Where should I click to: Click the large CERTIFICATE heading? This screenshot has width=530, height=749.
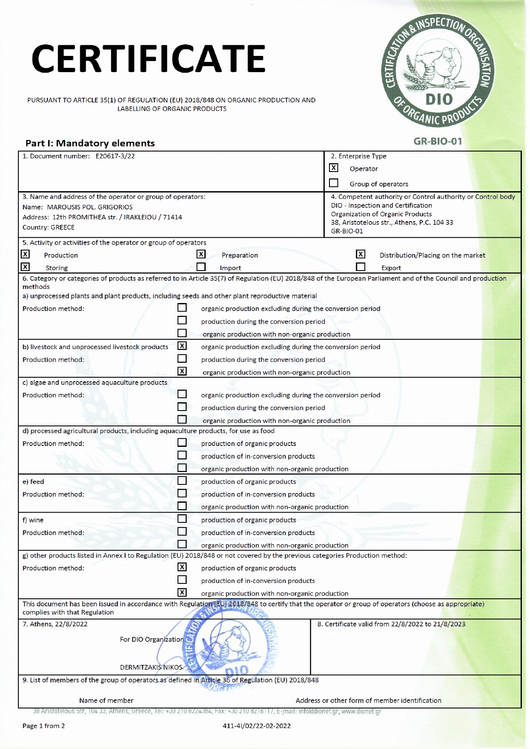click(149, 58)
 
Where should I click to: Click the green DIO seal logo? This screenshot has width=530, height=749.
click(438, 72)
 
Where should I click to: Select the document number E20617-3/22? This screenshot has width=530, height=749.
click(115, 156)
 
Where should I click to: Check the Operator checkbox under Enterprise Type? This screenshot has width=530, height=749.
click(334, 168)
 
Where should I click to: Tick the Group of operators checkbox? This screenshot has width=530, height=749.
click(334, 183)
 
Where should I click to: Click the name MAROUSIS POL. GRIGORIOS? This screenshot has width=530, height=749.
click(90, 207)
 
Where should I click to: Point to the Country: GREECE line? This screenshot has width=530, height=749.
click(48, 227)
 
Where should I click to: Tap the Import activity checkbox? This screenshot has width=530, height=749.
click(201, 267)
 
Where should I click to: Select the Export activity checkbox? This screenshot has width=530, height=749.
click(361, 267)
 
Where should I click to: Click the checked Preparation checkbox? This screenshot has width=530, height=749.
click(201, 254)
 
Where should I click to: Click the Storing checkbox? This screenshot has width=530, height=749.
click(26, 267)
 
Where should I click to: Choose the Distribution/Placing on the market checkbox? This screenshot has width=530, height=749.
click(361, 254)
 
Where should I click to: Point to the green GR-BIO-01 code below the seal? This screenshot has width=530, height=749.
click(438, 141)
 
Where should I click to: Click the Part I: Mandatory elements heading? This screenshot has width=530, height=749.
click(90, 143)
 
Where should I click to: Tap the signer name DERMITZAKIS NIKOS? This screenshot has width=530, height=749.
click(151, 667)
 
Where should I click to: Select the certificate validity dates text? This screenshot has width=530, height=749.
click(391, 624)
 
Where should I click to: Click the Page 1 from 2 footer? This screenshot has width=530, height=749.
click(44, 726)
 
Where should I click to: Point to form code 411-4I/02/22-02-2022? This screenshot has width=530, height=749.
click(256, 726)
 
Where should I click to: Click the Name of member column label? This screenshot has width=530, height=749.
click(106, 700)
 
